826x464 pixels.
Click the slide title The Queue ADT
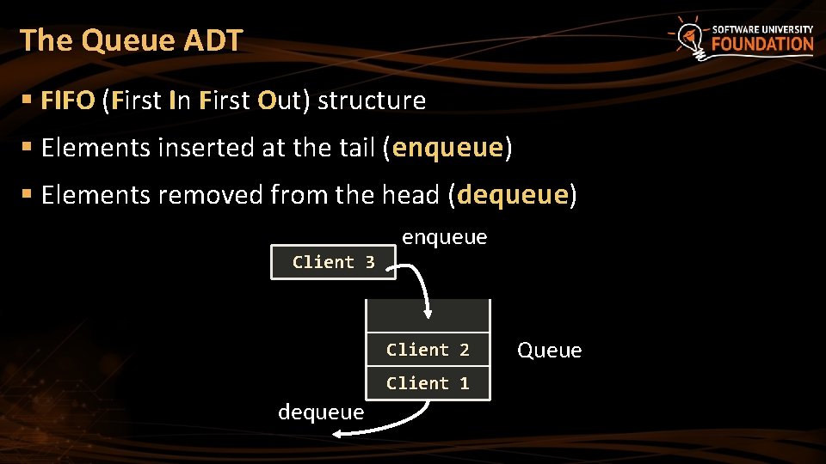click(x=131, y=40)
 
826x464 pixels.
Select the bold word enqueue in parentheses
click(x=447, y=148)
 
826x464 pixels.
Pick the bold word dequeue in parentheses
click(x=513, y=195)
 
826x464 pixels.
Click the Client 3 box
click(x=333, y=262)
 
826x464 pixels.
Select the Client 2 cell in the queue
click(x=428, y=350)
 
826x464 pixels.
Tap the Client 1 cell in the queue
click(x=428, y=383)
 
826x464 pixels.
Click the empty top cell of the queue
click(x=428, y=315)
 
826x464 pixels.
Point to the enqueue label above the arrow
click(x=444, y=237)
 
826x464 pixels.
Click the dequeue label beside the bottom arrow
click(x=321, y=412)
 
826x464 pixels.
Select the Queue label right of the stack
click(x=550, y=351)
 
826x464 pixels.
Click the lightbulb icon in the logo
click(x=689, y=37)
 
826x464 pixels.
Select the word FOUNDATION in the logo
click(x=762, y=45)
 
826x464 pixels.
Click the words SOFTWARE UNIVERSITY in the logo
click(x=762, y=29)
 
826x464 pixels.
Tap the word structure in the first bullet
click(x=372, y=101)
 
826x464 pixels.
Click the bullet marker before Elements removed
click(x=27, y=195)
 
